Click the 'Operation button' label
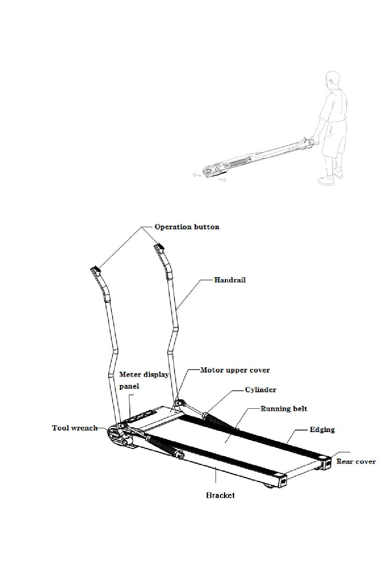tap(187, 227)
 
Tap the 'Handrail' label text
tap(230, 280)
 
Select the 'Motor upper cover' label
tap(235, 370)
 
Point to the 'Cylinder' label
tap(261, 390)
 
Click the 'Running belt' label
tap(284, 409)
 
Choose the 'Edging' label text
tap(322, 430)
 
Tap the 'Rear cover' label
tap(356, 461)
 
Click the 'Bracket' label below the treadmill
tap(220, 495)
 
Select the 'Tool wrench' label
tap(75, 428)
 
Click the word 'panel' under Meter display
tap(129, 386)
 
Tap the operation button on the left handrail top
tap(95, 269)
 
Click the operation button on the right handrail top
tap(158, 246)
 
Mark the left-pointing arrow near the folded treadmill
tap(196, 175)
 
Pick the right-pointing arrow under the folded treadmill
tap(222, 180)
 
